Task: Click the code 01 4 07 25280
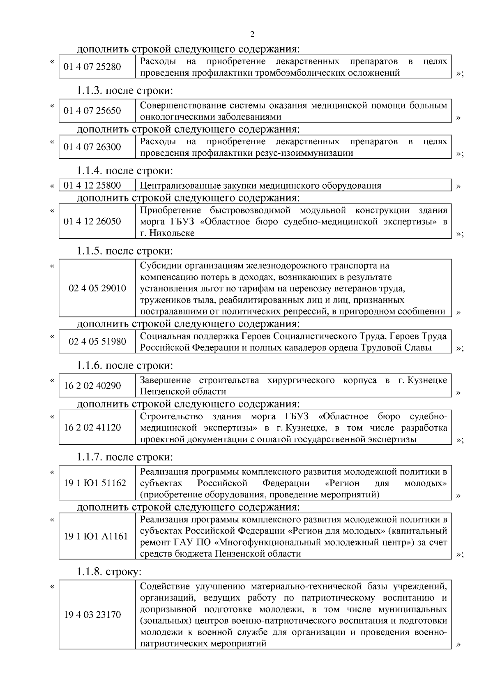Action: (92, 67)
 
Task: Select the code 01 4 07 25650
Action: (92, 111)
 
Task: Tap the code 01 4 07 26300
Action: (92, 147)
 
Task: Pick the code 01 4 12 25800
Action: (92, 185)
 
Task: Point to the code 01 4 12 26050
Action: (92, 222)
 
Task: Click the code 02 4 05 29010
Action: (97, 288)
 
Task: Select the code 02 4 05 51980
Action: (97, 342)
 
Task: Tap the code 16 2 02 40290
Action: (92, 386)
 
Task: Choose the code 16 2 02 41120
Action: (92, 428)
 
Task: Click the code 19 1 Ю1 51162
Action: (95, 483)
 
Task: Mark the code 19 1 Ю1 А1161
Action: (96, 536)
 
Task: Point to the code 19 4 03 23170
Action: (92, 615)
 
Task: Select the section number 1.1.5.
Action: (90, 251)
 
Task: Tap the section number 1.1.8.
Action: (90, 572)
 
